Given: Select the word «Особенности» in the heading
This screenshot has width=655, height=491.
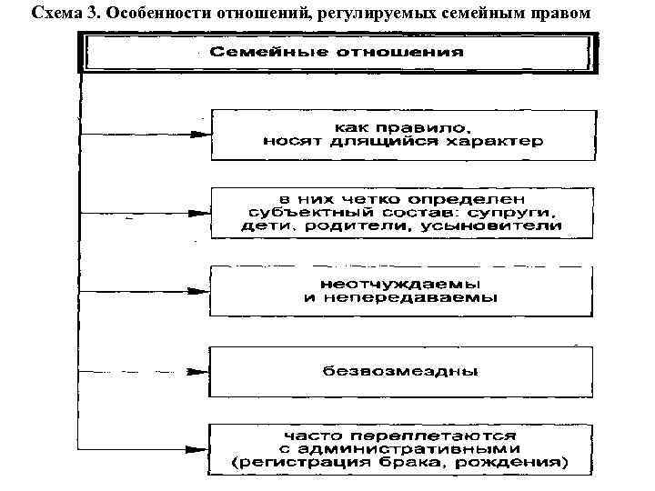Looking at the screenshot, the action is (x=138, y=14).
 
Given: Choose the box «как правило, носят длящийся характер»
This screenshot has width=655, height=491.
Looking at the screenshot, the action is (x=402, y=133).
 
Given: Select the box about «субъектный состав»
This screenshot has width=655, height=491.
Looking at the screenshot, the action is (x=402, y=213).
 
